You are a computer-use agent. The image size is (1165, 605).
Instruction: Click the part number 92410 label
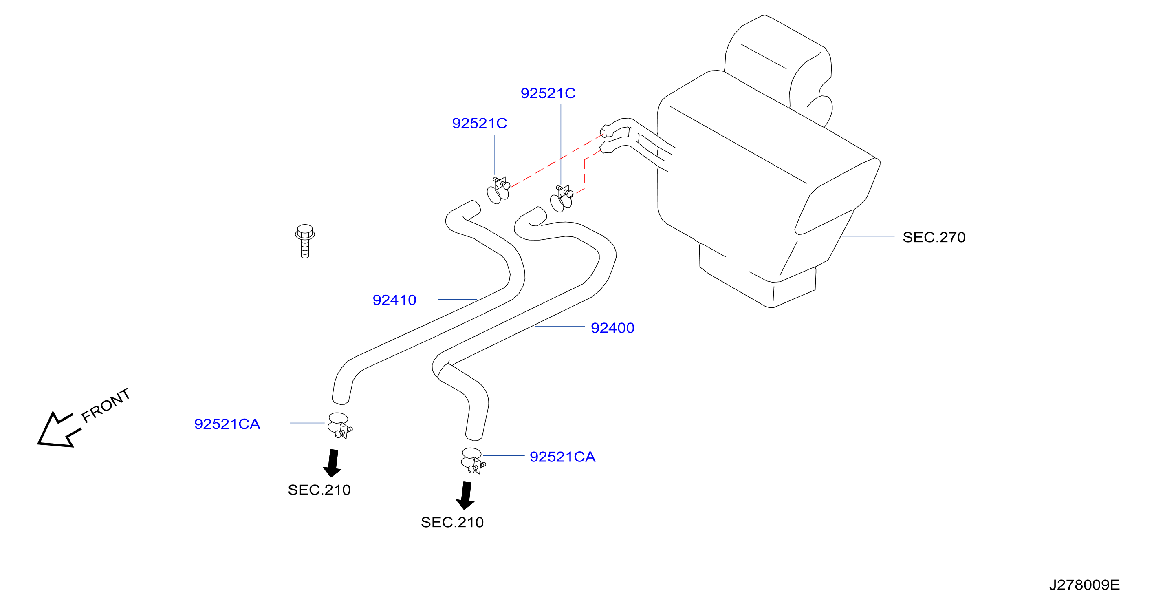pos(394,300)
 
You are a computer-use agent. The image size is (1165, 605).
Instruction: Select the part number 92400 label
pos(612,328)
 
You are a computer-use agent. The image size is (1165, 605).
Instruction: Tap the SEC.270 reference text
pos(934,237)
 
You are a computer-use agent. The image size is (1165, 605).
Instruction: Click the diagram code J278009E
pos(1084,585)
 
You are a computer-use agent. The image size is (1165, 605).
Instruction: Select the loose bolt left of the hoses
pos(305,241)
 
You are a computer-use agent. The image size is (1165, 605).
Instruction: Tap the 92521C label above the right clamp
pos(548,93)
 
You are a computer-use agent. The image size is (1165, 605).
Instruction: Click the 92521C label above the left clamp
pos(479,123)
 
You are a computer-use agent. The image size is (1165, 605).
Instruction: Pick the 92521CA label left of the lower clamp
pos(227,424)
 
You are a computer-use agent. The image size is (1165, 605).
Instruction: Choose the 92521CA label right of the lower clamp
pos(562,457)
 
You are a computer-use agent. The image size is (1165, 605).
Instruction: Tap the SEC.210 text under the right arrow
pos(452,523)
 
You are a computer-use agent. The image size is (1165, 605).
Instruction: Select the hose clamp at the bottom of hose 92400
pos(473,461)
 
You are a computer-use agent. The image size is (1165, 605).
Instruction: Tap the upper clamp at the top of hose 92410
pos(498,190)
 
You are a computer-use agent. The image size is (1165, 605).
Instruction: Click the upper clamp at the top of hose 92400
pos(562,198)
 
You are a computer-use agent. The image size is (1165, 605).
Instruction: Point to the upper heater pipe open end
pos(604,131)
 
